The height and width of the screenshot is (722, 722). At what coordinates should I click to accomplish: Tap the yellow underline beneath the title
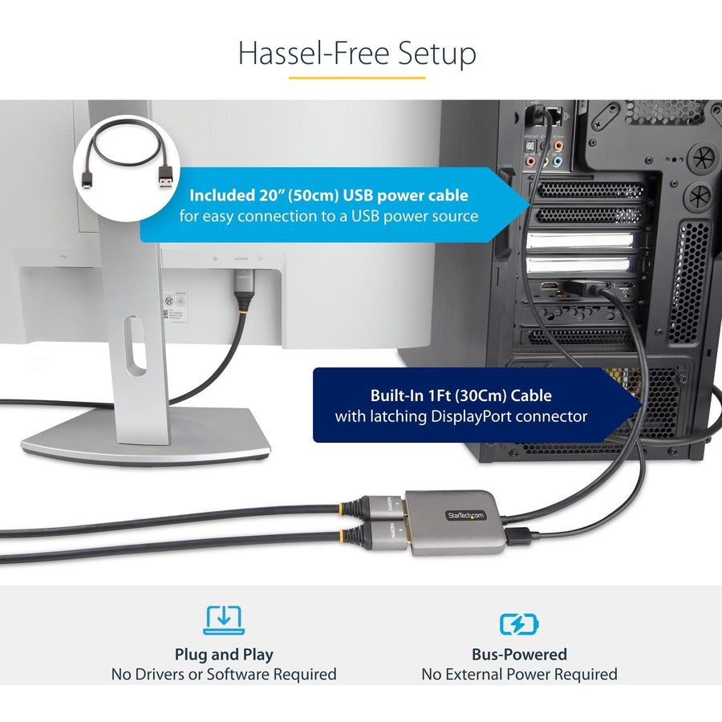click(357, 78)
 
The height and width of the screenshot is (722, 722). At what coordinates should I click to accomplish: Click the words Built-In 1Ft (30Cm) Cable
click(460, 395)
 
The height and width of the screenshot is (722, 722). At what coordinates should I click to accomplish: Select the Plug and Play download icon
click(224, 619)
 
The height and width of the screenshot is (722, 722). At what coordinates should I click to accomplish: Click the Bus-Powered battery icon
click(519, 623)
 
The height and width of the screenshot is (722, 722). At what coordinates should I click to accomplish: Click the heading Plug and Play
click(224, 655)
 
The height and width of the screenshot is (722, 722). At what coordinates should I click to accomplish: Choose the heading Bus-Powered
click(519, 655)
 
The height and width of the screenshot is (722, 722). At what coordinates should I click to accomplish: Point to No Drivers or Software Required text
click(224, 675)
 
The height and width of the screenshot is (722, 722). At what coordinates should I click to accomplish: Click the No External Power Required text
click(519, 675)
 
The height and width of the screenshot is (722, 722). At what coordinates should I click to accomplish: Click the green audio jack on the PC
click(546, 161)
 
